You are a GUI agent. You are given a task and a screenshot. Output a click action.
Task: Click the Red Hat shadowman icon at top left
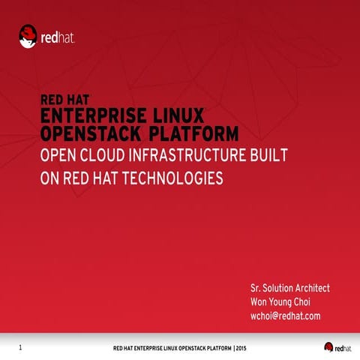(28, 36)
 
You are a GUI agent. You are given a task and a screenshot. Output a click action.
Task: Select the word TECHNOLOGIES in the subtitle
(175, 179)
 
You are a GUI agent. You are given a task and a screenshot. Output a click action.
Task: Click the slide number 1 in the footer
(20, 347)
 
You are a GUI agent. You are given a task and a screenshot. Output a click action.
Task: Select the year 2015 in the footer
(239, 348)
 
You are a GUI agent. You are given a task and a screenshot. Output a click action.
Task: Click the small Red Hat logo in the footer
(337, 346)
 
